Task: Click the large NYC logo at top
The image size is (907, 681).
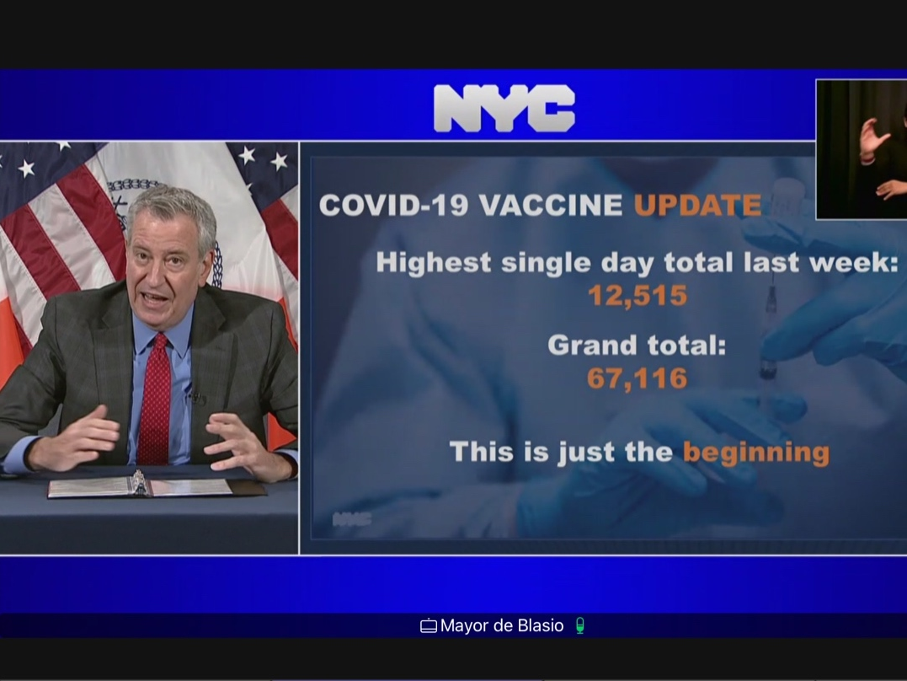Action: (x=504, y=109)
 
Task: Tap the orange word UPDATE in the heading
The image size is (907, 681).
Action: (x=697, y=205)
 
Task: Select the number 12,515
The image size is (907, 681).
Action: (x=638, y=295)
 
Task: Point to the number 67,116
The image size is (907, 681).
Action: (x=637, y=378)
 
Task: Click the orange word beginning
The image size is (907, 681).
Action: (x=755, y=453)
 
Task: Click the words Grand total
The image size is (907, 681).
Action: (x=637, y=346)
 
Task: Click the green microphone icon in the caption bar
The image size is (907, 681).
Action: (x=579, y=625)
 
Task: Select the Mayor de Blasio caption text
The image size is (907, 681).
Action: (x=501, y=625)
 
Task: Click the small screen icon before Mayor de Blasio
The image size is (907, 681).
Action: (x=428, y=626)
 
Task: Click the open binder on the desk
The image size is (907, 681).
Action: (x=139, y=486)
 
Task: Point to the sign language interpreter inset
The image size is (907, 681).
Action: (x=861, y=149)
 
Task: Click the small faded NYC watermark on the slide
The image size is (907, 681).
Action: (x=351, y=519)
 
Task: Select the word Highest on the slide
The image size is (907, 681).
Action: (x=433, y=263)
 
